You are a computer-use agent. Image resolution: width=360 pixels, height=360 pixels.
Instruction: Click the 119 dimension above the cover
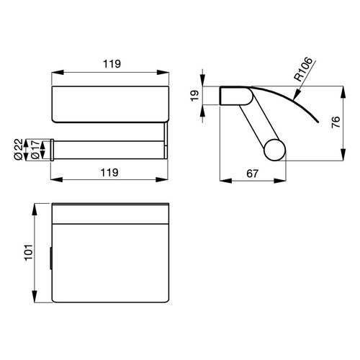(110, 63)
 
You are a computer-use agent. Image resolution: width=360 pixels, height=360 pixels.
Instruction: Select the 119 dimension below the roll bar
(110, 173)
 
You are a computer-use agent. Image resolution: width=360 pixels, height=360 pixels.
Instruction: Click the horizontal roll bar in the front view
(110, 149)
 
